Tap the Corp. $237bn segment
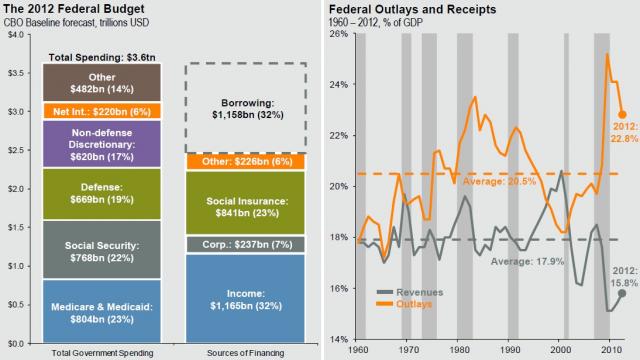pyautogui.click(x=245, y=244)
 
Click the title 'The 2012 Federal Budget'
pyautogui.click(x=62, y=10)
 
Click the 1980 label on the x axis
pyautogui.click(x=458, y=351)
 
